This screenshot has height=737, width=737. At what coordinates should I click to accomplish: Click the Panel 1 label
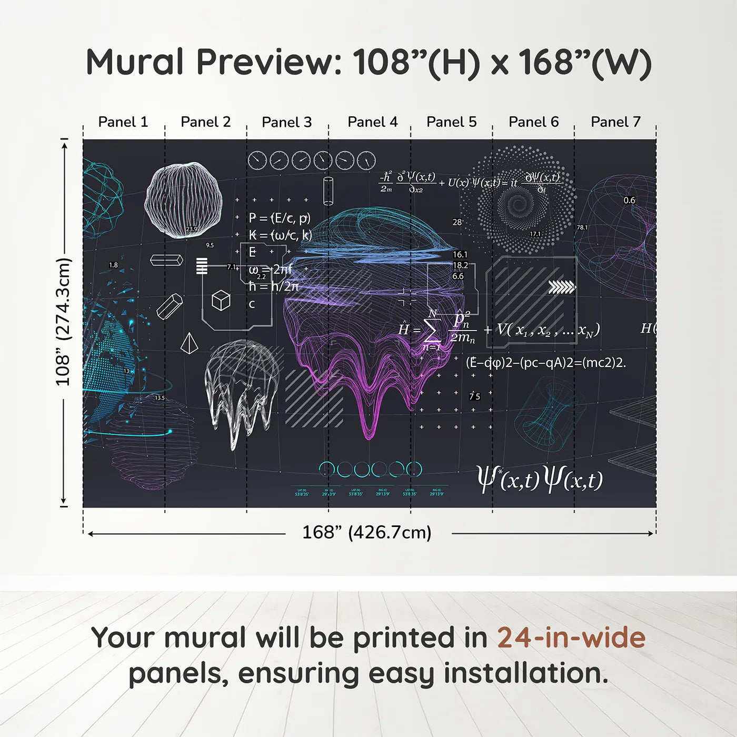123,122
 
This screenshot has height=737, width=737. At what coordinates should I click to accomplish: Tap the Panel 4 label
372,122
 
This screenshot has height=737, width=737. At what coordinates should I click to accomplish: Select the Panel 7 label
615,122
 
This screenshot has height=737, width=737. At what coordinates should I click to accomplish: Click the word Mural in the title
135,62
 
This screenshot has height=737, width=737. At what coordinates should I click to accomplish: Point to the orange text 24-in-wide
571,638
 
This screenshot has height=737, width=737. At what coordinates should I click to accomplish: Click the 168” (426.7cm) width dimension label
366,532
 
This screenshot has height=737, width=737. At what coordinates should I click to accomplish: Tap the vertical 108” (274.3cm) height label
63,322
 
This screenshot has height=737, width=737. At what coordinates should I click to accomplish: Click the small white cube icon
221,300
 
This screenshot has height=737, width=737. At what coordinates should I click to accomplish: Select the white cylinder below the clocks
328,190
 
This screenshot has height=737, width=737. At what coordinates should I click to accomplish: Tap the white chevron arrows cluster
562,287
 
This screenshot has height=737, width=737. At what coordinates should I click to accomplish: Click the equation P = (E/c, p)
280,218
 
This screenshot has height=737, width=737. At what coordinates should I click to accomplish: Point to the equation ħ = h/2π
273,286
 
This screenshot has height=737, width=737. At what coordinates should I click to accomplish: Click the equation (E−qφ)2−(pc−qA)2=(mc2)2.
545,362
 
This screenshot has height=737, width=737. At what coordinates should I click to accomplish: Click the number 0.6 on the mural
629,200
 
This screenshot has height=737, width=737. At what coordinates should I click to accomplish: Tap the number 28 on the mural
457,222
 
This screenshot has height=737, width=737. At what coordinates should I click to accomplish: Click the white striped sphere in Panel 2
183,200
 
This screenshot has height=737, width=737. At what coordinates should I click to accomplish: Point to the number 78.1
582,227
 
